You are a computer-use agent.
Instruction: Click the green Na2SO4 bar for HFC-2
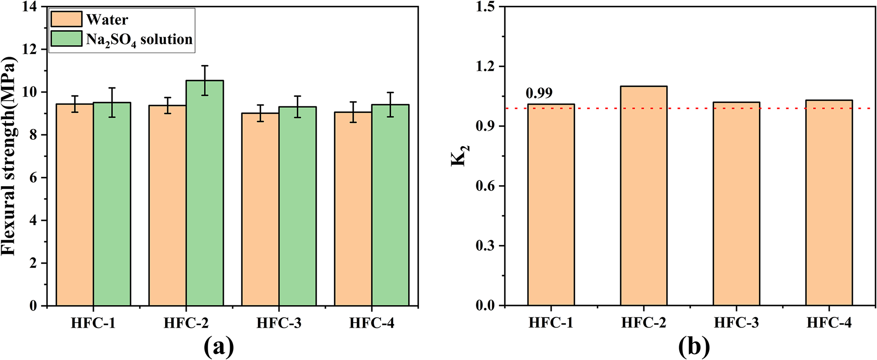click(x=204, y=193)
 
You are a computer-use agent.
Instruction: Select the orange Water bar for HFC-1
click(x=75, y=205)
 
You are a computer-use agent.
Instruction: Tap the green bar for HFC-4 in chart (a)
click(x=390, y=205)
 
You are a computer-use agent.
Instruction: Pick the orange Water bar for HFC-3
click(x=261, y=209)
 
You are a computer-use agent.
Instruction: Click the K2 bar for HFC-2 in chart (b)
click(x=643, y=196)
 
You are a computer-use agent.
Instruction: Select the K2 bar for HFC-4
click(x=829, y=203)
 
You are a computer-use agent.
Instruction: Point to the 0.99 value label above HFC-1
click(x=539, y=93)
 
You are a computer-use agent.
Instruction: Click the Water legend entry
click(x=90, y=19)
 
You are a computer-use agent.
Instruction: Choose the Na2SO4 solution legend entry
click(x=122, y=39)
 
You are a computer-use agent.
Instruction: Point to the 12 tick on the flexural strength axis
click(x=31, y=49)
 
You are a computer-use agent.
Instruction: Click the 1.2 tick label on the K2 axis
click(x=485, y=66)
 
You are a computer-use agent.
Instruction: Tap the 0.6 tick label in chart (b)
click(x=485, y=186)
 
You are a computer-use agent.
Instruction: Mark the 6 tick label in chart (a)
click(x=33, y=177)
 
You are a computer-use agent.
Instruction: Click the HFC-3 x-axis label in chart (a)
click(x=279, y=323)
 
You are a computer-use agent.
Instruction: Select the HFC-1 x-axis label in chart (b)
click(x=551, y=323)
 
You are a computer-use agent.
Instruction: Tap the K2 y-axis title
click(x=460, y=156)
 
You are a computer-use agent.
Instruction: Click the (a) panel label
click(x=218, y=347)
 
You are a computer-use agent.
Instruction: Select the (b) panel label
click(x=694, y=347)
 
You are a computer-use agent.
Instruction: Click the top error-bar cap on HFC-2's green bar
click(x=204, y=66)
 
